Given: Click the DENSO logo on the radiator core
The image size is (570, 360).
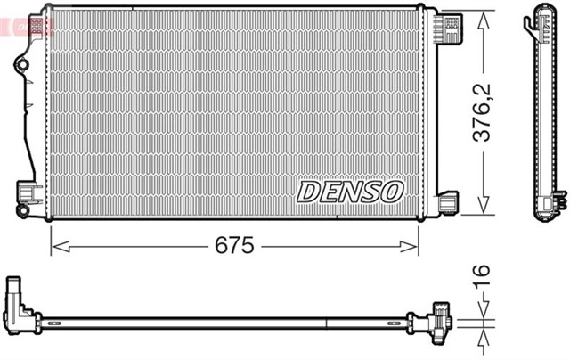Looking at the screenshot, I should point(350,191).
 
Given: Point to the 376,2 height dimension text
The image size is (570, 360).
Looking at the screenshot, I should point(483,112).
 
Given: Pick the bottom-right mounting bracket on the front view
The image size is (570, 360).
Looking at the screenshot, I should point(446,202).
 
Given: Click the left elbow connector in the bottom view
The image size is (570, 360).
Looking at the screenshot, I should point(19,303).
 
